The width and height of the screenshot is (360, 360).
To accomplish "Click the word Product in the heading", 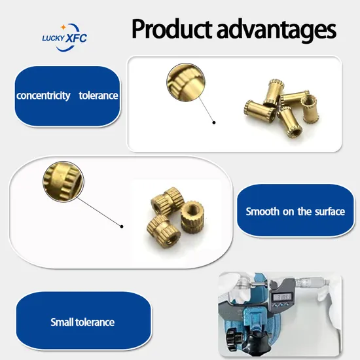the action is click(171, 29).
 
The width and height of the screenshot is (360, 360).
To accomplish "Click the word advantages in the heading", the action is click(276, 30).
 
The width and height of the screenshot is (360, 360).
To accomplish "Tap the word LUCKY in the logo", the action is click(53, 38).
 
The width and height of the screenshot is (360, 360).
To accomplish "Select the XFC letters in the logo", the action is click(76, 38).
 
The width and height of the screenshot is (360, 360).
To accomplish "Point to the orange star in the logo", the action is click(63, 27).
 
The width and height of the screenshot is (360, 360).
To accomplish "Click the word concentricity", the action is click(43, 96).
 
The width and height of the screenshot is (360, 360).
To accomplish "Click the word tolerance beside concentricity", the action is click(98, 96).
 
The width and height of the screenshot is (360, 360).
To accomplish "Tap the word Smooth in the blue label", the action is click(262, 211).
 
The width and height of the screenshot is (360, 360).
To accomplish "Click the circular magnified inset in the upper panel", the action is click(186, 82).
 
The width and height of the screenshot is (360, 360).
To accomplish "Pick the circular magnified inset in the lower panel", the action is click(63, 181).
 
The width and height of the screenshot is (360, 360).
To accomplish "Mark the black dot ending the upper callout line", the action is click(214, 122).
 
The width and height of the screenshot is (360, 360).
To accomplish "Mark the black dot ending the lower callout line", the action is click(122, 226).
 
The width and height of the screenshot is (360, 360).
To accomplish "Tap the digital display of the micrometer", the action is click(282, 297).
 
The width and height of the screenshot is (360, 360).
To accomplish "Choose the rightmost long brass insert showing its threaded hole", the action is click(310, 109).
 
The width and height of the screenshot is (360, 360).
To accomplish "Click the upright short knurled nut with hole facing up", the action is click(192, 217).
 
